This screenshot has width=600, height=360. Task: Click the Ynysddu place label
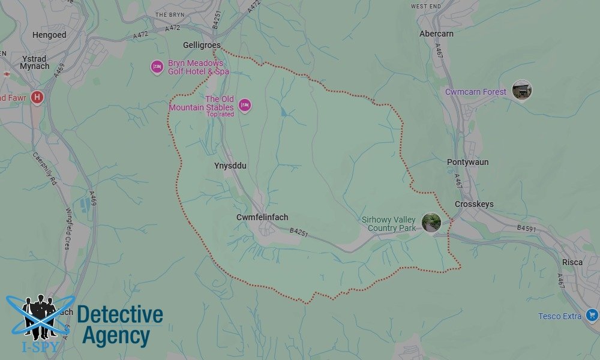[230, 165]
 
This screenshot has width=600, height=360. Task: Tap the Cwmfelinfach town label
[262, 217]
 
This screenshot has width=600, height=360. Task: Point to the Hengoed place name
[49, 35]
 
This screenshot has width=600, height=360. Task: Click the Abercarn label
[436, 34]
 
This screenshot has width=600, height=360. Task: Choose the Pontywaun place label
[467, 162]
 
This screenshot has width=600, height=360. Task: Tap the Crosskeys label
[474, 204]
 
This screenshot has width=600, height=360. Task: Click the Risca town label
[572, 262]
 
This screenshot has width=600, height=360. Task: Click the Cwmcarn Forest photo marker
[521, 91]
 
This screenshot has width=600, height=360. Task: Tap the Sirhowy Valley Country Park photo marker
[431, 222]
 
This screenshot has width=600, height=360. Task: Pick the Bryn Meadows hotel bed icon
[157, 67]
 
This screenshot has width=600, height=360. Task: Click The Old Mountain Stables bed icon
[244, 106]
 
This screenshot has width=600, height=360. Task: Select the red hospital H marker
[37, 97]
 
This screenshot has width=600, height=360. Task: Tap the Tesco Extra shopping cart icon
[592, 314]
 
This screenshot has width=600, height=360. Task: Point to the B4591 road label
[527, 229]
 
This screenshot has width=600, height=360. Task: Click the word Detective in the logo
[120, 315]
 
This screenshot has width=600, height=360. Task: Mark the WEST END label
[427, 6]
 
